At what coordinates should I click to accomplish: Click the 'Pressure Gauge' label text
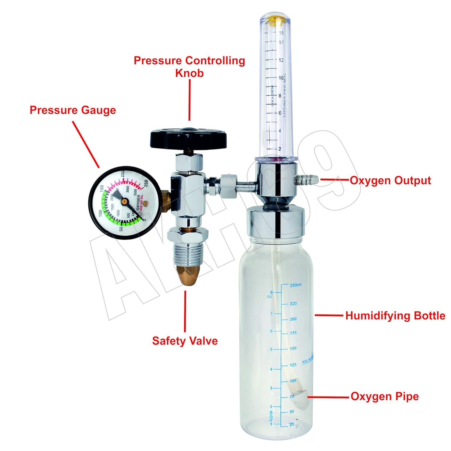(x=73, y=110)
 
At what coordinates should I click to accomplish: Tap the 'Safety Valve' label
(x=185, y=341)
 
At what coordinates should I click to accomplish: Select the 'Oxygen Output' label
(x=390, y=180)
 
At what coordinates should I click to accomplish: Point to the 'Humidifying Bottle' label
(x=395, y=316)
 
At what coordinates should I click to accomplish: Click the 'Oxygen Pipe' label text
(x=385, y=396)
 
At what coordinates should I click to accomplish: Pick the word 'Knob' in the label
(x=189, y=73)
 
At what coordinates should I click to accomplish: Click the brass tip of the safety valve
(x=188, y=275)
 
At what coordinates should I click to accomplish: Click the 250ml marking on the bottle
(x=295, y=285)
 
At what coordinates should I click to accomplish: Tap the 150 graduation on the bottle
(x=293, y=348)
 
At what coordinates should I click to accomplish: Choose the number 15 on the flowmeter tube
(x=281, y=33)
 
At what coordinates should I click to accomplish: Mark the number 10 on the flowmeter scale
(x=281, y=78)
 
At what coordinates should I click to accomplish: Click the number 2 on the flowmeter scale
(x=280, y=149)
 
